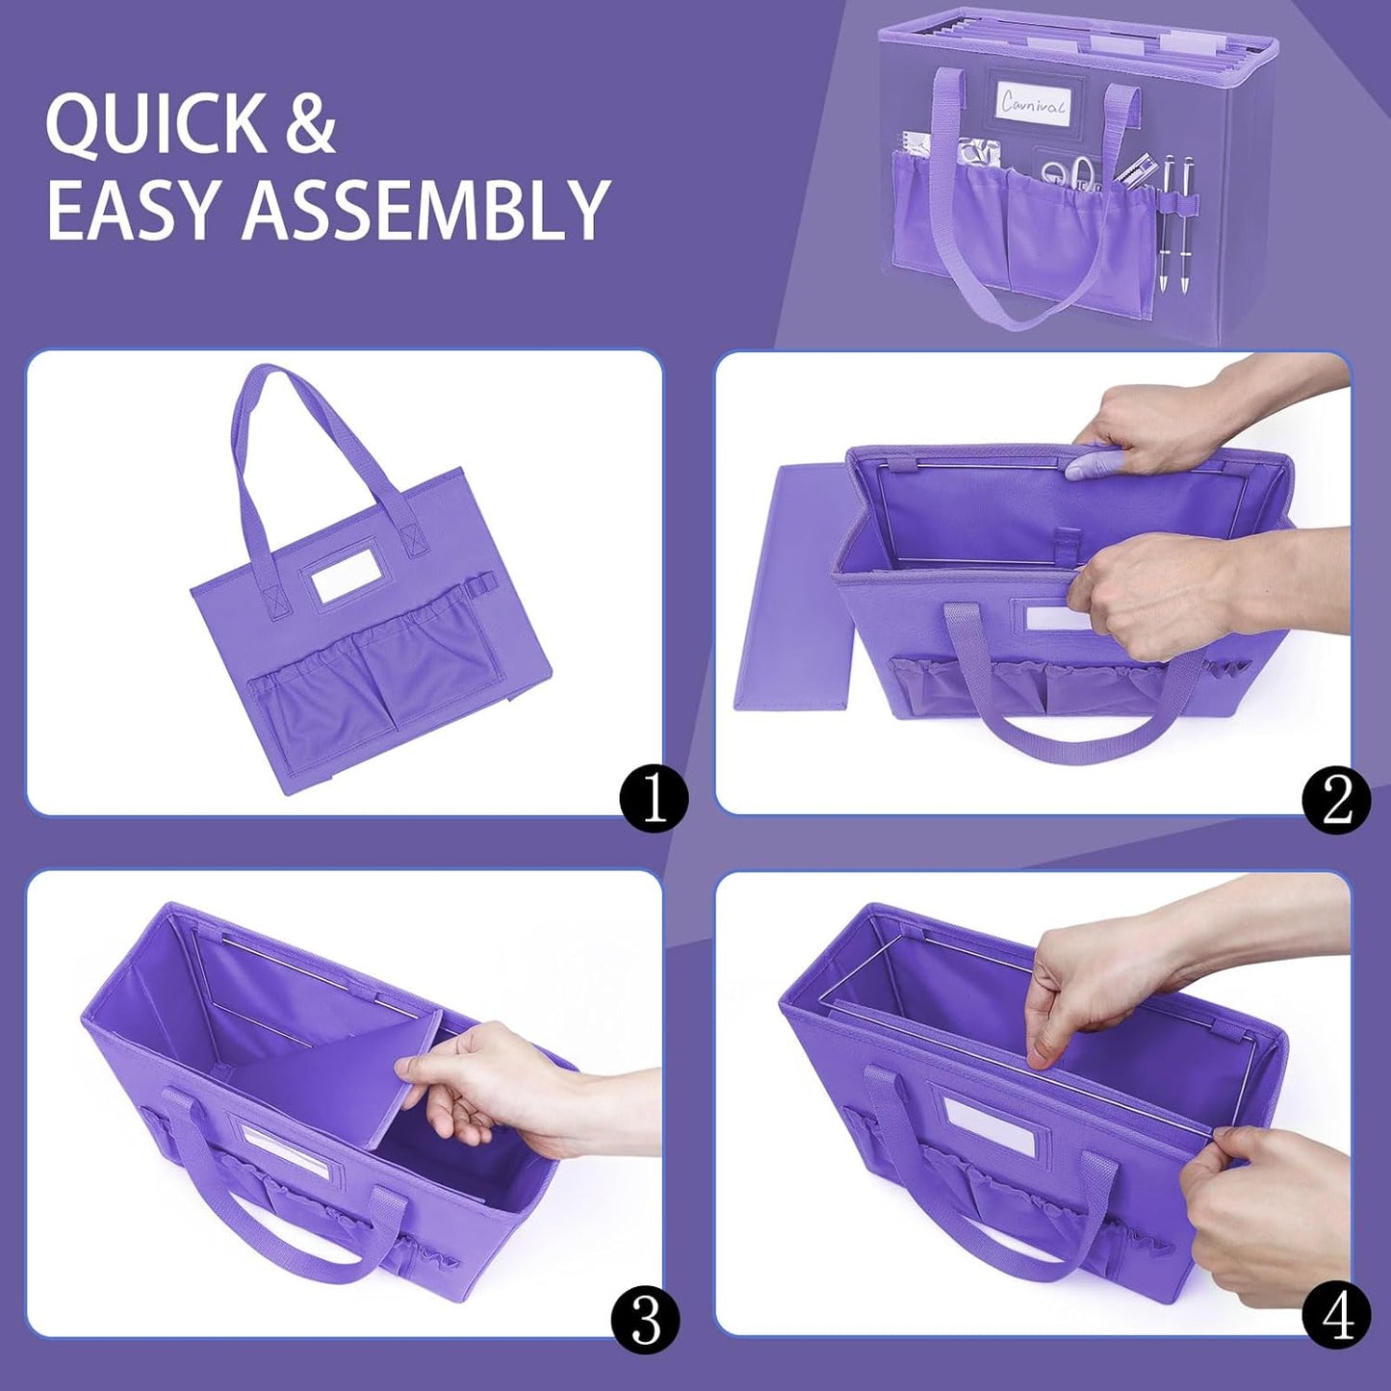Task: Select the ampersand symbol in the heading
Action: (x=310, y=125)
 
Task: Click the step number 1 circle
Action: (x=655, y=798)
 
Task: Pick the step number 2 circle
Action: (x=1335, y=799)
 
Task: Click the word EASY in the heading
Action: (x=136, y=209)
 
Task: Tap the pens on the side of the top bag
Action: (x=1176, y=221)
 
